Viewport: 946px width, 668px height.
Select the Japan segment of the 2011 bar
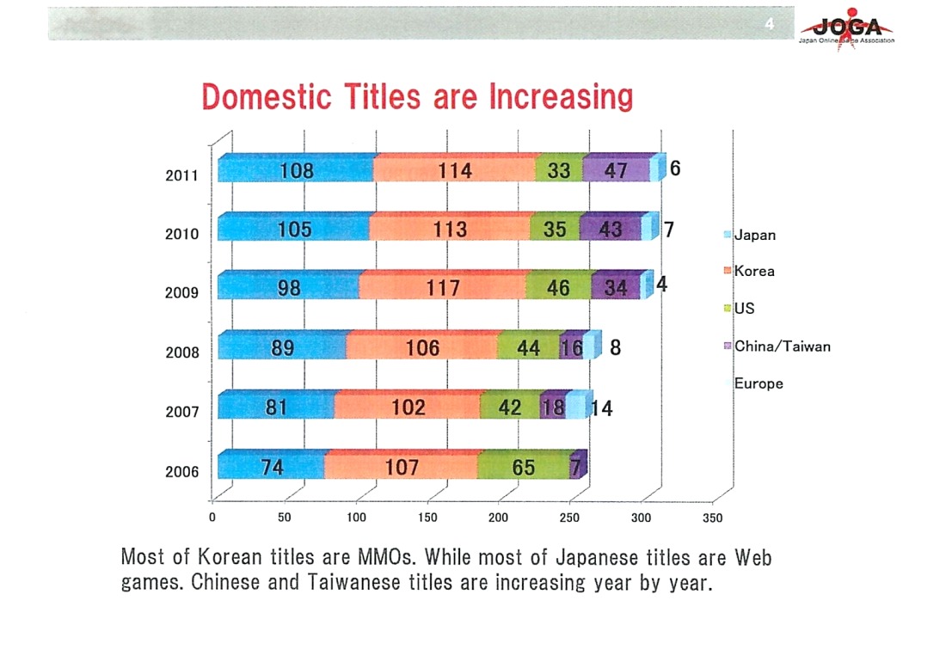pyautogui.click(x=296, y=170)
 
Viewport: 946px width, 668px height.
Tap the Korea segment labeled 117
pyautogui.click(x=444, y=288)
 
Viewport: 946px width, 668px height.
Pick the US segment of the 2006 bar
pyautogui.click(x=522, y=467)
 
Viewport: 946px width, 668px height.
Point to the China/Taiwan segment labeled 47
pyautogui.click(x=615, y=170)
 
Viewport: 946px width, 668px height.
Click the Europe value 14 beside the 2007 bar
pyautogui.click(x=602, y=408)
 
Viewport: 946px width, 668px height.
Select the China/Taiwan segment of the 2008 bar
pyautogui.click(x=571, y=348)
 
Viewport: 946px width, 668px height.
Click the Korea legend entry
pyautogui.click(x=753, y=271)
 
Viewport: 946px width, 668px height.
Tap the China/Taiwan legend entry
pyautogui.click(x=782, y=346)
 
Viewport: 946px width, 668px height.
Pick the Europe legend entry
pyautogui.click(x=758, y=383)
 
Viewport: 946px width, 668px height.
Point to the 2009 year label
pyautogui.click(x=181, y=292)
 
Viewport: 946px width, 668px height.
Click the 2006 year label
pyautogui.click(x=181, y=471)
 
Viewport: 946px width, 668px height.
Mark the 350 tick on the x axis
pyautogui.click(x=713, y=518)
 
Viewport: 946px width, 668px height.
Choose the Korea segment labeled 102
pyautogui.click(x=408, y=407)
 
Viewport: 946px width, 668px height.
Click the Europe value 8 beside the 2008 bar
pyautogui.click(x=616, y=348)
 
